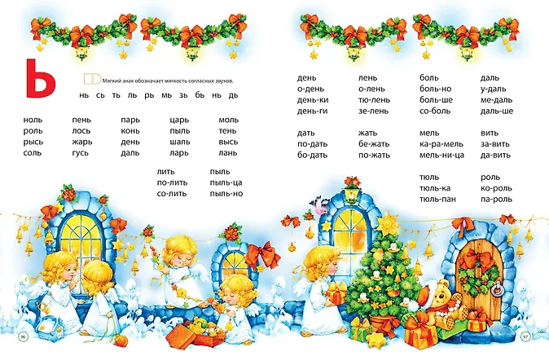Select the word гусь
click(81, 153)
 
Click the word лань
click(228, 153)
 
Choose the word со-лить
click(172, 195)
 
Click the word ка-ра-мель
click(441, 143)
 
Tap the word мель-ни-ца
click(441, 155)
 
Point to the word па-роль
click(497, 199)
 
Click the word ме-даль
click(496, 100)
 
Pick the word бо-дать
click(313, 155)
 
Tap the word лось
click(81, 130)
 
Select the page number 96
click(24, 336)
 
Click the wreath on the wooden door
click(480, 268)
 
